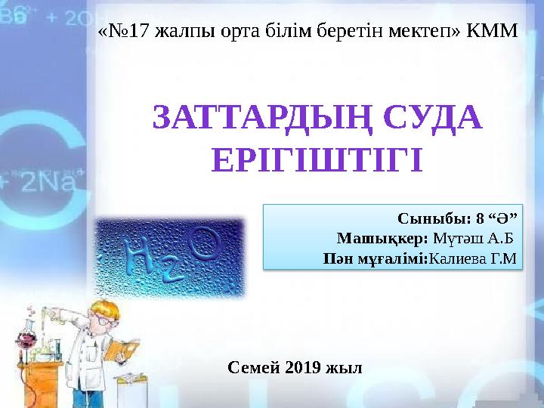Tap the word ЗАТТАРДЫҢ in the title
pyautogui.click(x=261, y=119)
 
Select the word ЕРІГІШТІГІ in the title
pyautogui.click(x=316, y=160)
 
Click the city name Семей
pyautogui.click(x=250, y=368)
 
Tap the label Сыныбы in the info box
pyautogui.click(x=428, y=220)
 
